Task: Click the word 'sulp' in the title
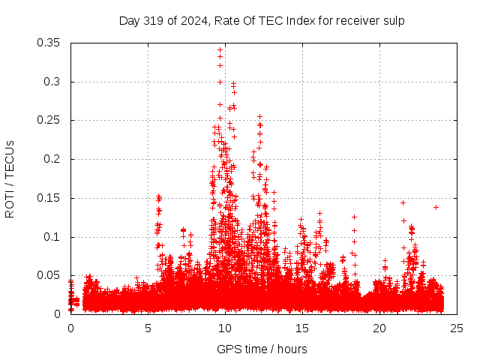(x=394, y=21)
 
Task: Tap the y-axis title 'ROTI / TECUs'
(x=10, y=178)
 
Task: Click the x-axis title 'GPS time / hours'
(x=262, y=349)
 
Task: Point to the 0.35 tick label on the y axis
(x=49, y=43)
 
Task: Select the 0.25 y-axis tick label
(x=49, y=120)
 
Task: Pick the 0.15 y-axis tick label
(x=49, y=198)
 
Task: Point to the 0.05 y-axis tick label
(x=49, y=275)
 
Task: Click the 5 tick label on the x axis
(x=148, y=328)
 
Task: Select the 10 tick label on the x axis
(x=225, y=328)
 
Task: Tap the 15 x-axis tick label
(x=302, y=328)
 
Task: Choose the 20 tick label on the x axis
(x=379, y=328)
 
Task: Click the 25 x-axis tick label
(x=457, y=328)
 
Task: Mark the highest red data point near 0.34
(x=220, y=49)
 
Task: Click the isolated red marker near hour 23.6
(x=436, y=207)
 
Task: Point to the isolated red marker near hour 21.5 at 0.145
(x=403, y=202)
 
